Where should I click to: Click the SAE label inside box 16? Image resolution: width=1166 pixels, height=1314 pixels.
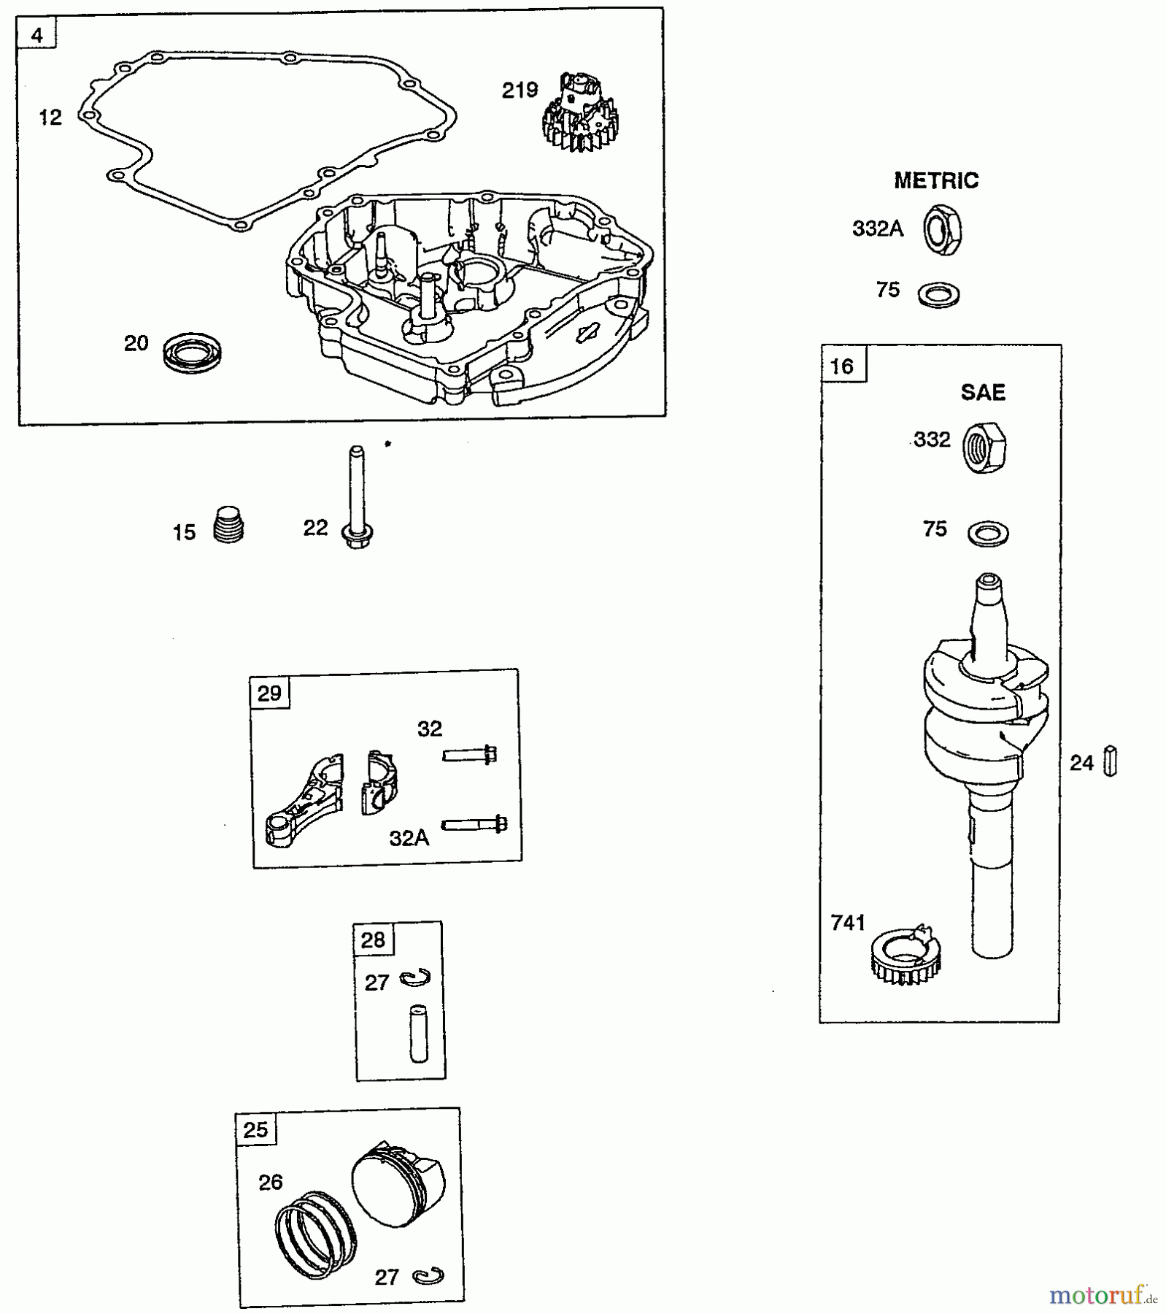coord(982,393)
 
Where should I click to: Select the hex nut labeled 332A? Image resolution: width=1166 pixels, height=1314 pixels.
coord(942,231)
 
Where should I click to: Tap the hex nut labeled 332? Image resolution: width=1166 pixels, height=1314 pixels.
coord(984,447)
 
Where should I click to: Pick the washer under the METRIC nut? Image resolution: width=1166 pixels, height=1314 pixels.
coord(939,294)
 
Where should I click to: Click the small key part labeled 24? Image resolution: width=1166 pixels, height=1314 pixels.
coord(1110,762)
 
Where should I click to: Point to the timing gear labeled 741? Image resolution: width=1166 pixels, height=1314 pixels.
coord(905,953)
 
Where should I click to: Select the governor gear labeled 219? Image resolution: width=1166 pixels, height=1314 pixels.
coord(577,114)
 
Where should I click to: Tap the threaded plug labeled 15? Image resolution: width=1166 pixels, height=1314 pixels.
coord(228,526)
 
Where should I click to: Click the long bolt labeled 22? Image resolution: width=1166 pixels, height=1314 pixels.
coord(356,497)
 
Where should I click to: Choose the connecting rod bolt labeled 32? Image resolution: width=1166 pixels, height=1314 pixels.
coord(470,754)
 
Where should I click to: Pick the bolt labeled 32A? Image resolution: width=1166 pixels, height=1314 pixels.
coord(475,824)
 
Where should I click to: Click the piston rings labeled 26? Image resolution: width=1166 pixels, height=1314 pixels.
coord(316,1234)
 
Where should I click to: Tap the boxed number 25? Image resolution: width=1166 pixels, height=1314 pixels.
coord(255,1130)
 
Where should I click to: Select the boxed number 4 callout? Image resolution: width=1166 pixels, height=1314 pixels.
coord(37,35)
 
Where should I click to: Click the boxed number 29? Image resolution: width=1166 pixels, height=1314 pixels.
coord(269,692)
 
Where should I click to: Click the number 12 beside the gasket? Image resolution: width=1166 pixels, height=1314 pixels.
coord(50,117)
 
